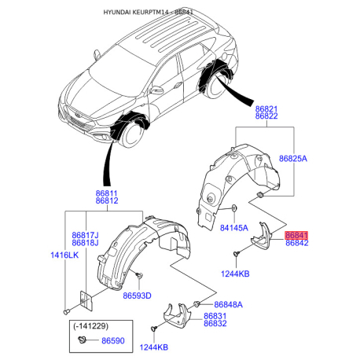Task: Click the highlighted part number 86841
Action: tap(296, 235)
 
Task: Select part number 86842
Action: tap(297, 243)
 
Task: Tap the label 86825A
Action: tap(293, 159)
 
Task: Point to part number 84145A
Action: tap(234, 228)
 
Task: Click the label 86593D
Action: tap(137, 296)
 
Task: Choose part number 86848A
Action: tap(229, 305)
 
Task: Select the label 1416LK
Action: tap(64, 255)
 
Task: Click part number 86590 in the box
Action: tap(113, 341)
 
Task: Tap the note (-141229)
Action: tap(90, 326)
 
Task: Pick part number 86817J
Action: tap(85, 235)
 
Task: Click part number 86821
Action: tap(266, 108)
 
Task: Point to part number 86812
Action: tap(107, 201)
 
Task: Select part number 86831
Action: tap(215, 316)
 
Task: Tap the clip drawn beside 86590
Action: tap(82, 340)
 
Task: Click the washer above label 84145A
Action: tap(234, 208)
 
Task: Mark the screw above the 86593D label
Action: tap(138, 275)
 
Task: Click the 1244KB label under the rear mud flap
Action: tap(235, 274)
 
